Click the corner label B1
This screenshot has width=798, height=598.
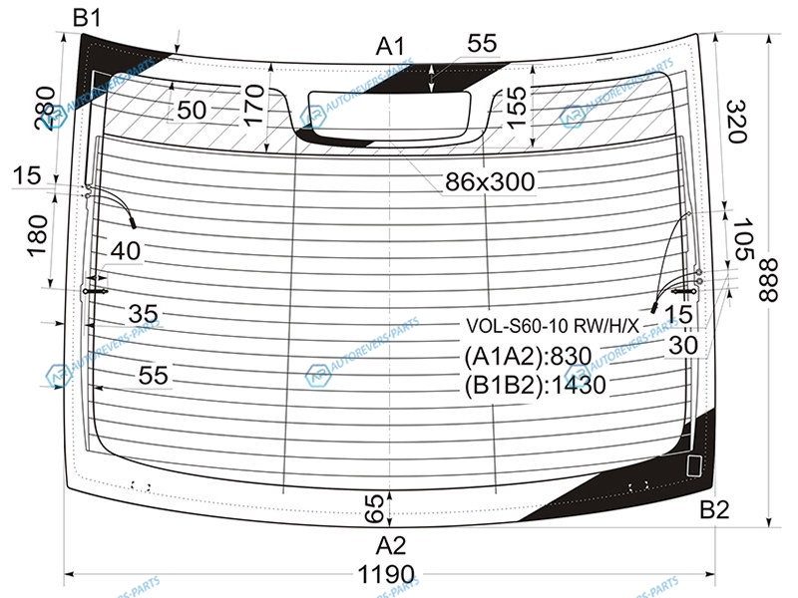click(87, 17)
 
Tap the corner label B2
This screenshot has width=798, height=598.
click(714, 509)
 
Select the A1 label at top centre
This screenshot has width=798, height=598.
click(390, 47)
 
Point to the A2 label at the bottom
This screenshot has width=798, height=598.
click(391, 546)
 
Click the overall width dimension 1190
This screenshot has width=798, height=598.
click(386, 575)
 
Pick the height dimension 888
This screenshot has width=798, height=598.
click(767, 280)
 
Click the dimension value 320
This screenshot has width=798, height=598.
click(735, 121)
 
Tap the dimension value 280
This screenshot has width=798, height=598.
click(45, 109)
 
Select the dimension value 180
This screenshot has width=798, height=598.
click(37, 236)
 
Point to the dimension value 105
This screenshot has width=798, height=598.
click(742, 238)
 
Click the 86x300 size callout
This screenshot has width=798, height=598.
click(490, 182)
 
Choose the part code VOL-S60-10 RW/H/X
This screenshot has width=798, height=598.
click(553, 326)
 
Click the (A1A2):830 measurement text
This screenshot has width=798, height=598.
click(528, 357)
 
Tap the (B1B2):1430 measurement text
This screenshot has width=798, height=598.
click(535, 386)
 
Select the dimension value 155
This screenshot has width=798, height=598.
click(516, 108)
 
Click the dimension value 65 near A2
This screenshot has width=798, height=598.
click(374, 509)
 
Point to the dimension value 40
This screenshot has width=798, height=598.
click(126, 251)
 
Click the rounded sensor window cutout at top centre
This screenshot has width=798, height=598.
click(389, 115)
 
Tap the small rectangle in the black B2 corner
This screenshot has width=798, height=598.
click(693, 465)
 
